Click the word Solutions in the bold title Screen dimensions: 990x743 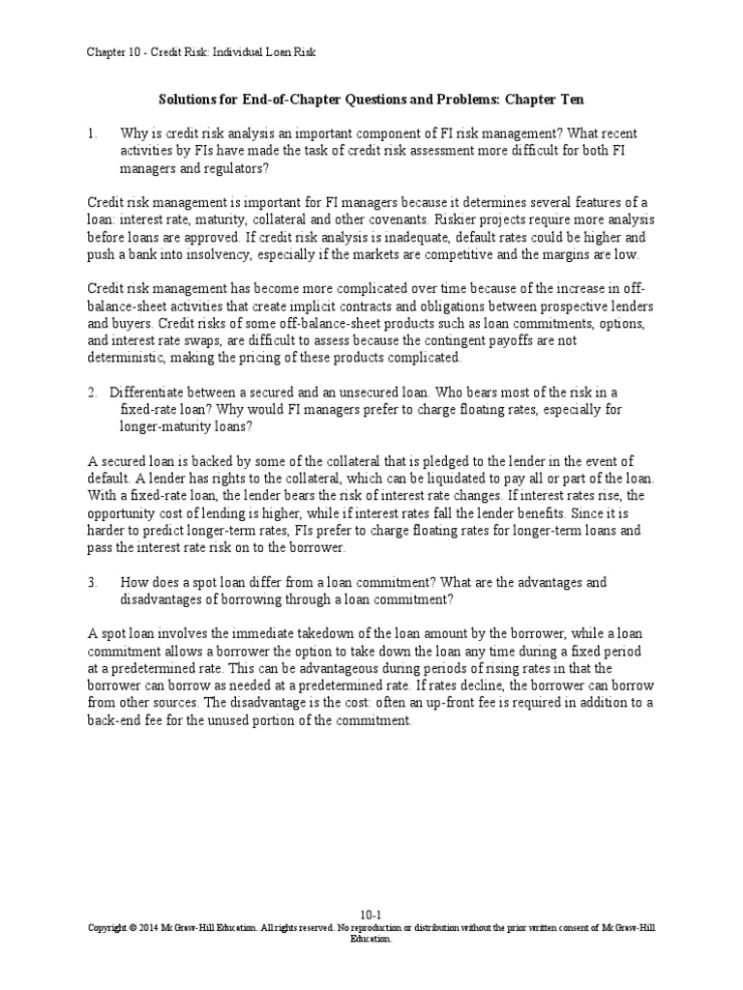coord(186,100)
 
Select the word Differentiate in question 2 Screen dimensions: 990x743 coord(153,392)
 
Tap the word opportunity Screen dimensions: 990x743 coord(124,513)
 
